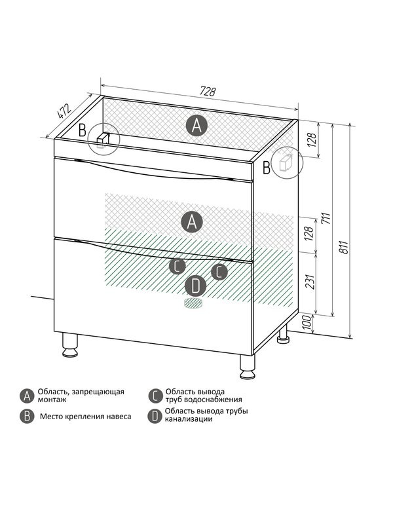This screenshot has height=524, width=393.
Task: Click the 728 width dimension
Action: [x=208, y=91]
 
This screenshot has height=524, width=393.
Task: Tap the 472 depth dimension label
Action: [x=64, y=111]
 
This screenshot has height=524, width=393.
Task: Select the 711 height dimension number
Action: [x=326, y=218]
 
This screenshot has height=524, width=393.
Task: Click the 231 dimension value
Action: [x=310, y=281]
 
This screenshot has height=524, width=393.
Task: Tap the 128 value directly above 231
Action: [x=309, y=234]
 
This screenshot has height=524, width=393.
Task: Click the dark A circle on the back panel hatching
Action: [x=196, y=126]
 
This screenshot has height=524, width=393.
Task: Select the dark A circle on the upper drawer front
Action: [x=191, y=221]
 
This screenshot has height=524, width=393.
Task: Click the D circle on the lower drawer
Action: [x=195, y=286]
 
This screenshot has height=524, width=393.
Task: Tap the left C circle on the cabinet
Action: [x=177, y=266]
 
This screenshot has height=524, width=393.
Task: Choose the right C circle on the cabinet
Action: [x=219, y=272]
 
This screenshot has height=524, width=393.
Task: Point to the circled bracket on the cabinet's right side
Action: [x=287, y=162]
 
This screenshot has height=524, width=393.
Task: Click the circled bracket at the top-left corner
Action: [x=103, y=140]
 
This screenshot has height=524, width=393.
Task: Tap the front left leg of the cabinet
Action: [x=70, y=345]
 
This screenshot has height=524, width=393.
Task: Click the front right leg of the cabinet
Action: [x=248, y=367]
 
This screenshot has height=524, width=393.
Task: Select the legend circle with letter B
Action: [x=27, y=417]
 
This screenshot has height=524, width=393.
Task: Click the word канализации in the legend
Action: [x=189, y=419]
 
